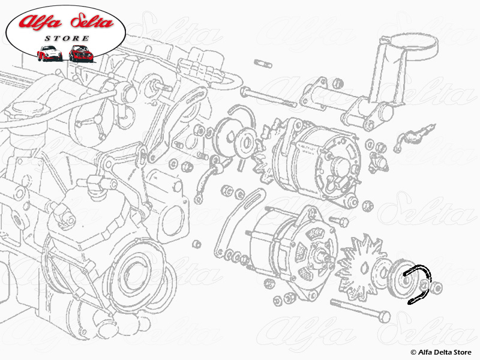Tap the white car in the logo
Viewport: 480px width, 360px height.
click(49, 53)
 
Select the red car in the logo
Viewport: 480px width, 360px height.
click(80, 53)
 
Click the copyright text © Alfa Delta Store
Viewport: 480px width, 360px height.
click(441, 352)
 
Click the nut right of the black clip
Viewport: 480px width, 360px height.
click(438, 289)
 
